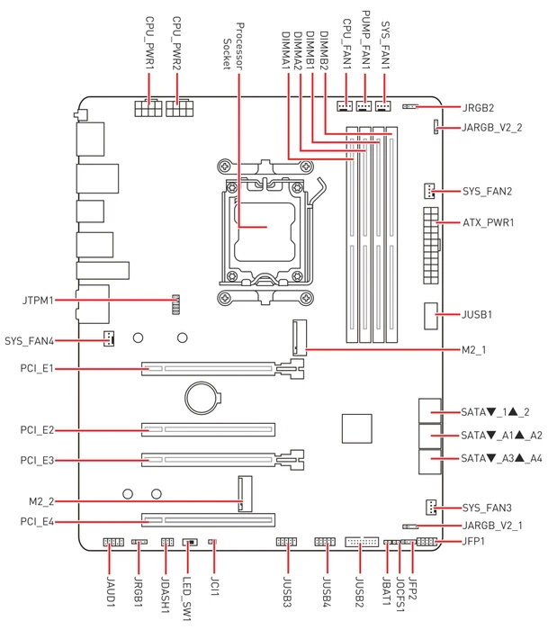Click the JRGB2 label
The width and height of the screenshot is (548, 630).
pyautogui.click(x=478, y=108)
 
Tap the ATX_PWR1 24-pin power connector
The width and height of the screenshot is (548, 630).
pyautogui.click(x=431, y=246)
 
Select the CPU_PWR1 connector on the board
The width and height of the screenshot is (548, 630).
pyautogui.click(x=148, y=108)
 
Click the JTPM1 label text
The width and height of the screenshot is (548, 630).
pyautogui.click(x=38, y=300)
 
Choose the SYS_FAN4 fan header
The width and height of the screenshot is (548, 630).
pyautogui.click(x=109, y=338)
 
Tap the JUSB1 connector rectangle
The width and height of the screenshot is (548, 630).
pyautogui.click(x=430, y=316)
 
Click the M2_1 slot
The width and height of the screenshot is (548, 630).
pyautogui.click(x=300, y=337)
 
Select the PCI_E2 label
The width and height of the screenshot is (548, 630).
pyautogui.click(x=37, y=430)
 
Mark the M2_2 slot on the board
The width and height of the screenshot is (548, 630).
pyautogui.click(x=245, y=494)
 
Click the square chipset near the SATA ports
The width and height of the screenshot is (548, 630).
pyautogui.click(x=356, y=428)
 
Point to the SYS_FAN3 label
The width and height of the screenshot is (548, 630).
pyautogui.click(x=487, y=508)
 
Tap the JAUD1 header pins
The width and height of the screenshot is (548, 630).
pyautogui.click(x=113, y=543)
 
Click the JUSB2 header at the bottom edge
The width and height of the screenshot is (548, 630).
pyautogui.click(x=362, y=542)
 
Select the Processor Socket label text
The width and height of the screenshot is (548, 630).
pyautogui.click(x=233, y=46)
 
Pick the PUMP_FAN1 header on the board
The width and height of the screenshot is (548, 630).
pyautogui.click(x=364, y=106)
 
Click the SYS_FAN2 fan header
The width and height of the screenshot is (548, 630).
pyautogui.click(x=429, y=191)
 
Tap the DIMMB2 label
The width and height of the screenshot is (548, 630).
pyautogui.click(x=324, y=50)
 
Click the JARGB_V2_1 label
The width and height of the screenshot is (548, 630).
pyautogui.click(x=492, y=526)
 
